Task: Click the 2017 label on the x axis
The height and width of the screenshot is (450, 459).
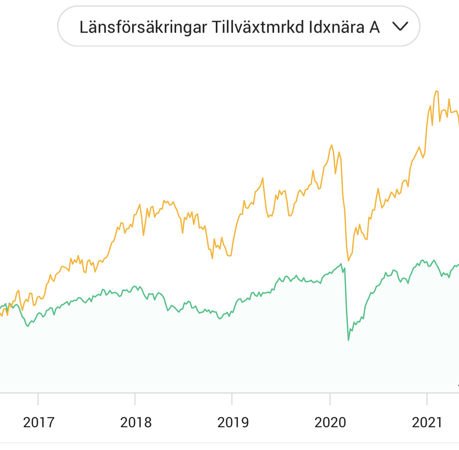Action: pyautogui.click(x=38, y=422)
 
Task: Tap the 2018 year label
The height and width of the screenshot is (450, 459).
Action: pyautogui.click(x=135, y=422)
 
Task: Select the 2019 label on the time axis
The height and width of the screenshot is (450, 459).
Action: pyautogui.click(x=233, y=422)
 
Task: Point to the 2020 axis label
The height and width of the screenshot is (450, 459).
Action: pyautogui.click(x=330, y=422)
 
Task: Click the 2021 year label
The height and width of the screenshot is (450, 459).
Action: pyautogui.click(x=427, y=422)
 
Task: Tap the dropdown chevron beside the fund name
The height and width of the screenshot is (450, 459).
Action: pyautogui.click(x=400, y=27)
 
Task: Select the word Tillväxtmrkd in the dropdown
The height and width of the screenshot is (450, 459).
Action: pyautogui.click(x=257, y=27)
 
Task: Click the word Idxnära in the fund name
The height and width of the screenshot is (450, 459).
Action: pyautogui.click(x=337, y=27)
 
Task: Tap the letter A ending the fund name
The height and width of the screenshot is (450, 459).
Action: pyautogui.click(x=375, y=27)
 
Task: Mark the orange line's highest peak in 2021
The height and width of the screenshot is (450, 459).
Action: pyautogui.click(x=437, y=91)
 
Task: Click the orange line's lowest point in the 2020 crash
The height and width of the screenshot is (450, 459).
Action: pyautogui.click(x=348, y=260)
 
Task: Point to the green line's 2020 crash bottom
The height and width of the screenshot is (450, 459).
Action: pyautogui.click(x=348, y=340)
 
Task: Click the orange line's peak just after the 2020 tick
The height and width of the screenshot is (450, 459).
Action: pyautogui.click(x=332, y=145)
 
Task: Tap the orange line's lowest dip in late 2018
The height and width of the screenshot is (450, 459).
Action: pyautogui.click(x=213, y=258)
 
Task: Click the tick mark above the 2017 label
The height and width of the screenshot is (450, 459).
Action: pyautogui.click(x=38, y=399)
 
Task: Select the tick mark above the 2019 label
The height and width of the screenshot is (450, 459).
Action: pyautogui.click(x=232, y=399)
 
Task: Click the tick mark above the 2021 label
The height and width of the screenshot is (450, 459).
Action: pyautogui.click(x=427, y=399)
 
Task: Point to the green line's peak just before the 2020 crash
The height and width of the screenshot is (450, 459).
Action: pyautogui.click(x=341, y=264)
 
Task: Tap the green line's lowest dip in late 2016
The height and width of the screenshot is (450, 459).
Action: pyautogui.click(x=28, y=326)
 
